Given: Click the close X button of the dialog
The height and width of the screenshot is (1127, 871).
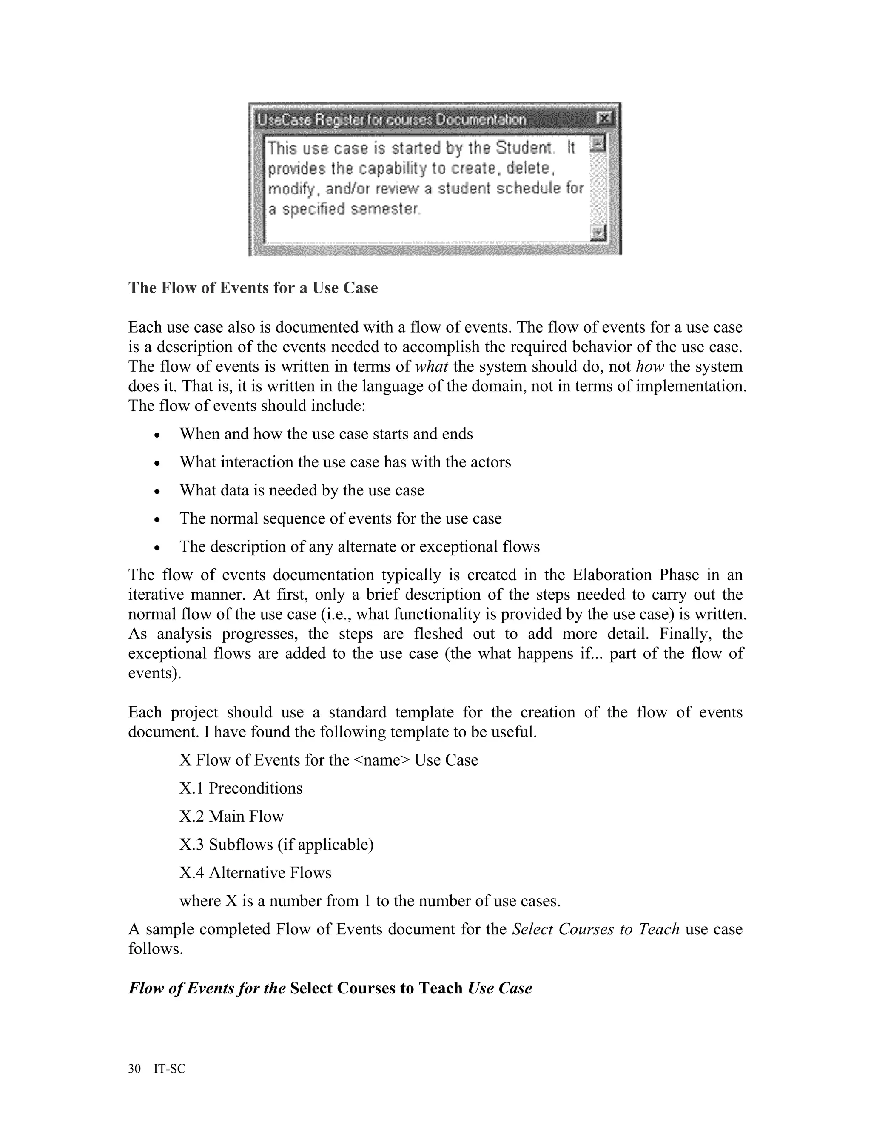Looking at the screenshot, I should point(603,118).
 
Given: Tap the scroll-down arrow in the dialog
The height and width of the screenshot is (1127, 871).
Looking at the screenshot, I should point(598,233).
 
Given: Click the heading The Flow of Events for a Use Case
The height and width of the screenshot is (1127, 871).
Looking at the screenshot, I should point(253,287).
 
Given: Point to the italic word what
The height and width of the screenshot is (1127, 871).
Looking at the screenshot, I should point(431,366).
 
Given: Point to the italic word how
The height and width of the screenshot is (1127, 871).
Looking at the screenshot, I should point(650,366).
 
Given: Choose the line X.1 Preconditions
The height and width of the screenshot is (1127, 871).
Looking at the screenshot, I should point(241,788).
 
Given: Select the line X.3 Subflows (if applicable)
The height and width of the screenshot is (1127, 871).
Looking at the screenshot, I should point(276,844).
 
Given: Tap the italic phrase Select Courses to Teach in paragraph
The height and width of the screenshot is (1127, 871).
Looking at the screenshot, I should point(595,929).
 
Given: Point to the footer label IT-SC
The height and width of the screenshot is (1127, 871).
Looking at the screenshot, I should point(169,1068).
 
